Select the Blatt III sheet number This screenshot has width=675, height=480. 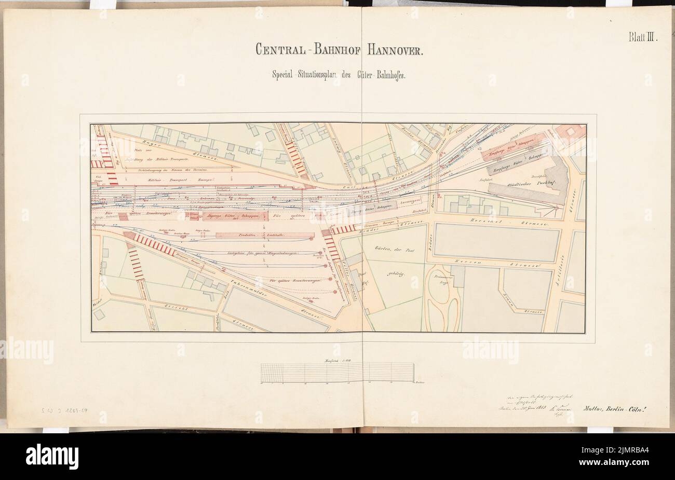click(x=643, y=37)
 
